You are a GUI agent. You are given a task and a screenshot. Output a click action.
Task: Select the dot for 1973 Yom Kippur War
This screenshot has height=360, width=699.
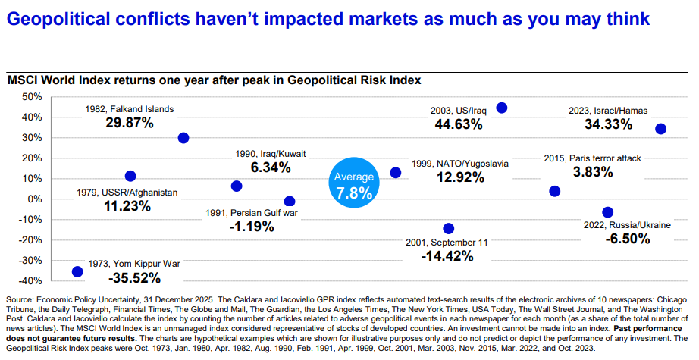tap(77, 271)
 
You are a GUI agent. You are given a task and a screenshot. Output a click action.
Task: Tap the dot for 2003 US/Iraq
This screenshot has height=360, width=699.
tap(501, 108)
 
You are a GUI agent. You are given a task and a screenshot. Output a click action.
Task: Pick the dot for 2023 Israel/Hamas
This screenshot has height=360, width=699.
tap(660, 129)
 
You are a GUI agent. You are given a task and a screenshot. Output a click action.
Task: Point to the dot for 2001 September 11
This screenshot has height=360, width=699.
tap(448, 228)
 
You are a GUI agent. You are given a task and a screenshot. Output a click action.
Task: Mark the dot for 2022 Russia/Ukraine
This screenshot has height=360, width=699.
tap(607, 212)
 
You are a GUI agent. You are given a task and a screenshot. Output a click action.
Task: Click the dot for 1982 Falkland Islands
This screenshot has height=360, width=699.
tap(183, 138)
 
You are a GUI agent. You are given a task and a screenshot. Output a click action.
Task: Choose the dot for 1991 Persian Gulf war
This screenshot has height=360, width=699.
tap(289, 202)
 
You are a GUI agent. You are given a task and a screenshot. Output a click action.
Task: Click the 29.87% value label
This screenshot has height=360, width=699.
tap(129, 123)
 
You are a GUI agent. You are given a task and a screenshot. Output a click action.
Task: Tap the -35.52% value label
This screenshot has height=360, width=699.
tap(135, 278)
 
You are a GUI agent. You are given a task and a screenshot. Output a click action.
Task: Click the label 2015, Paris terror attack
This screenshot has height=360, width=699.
tap(593, 158)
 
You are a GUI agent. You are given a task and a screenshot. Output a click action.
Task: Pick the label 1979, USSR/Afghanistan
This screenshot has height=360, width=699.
tap(127, 193)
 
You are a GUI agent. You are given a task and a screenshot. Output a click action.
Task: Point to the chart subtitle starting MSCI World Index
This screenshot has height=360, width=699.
tap(213, 80)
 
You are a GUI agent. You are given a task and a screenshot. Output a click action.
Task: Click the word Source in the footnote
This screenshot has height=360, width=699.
tap(20, 300)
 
